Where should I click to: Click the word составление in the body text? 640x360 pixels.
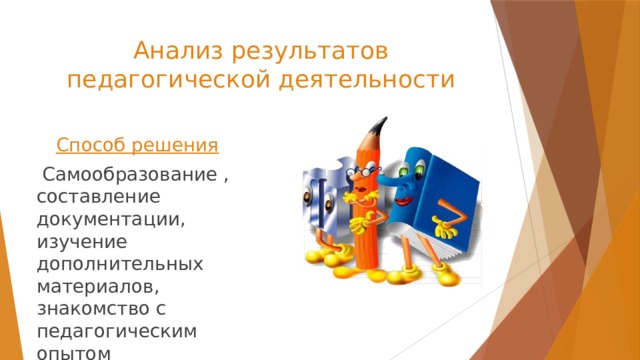point(96,199)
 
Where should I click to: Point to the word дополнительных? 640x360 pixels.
point(119,265)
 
